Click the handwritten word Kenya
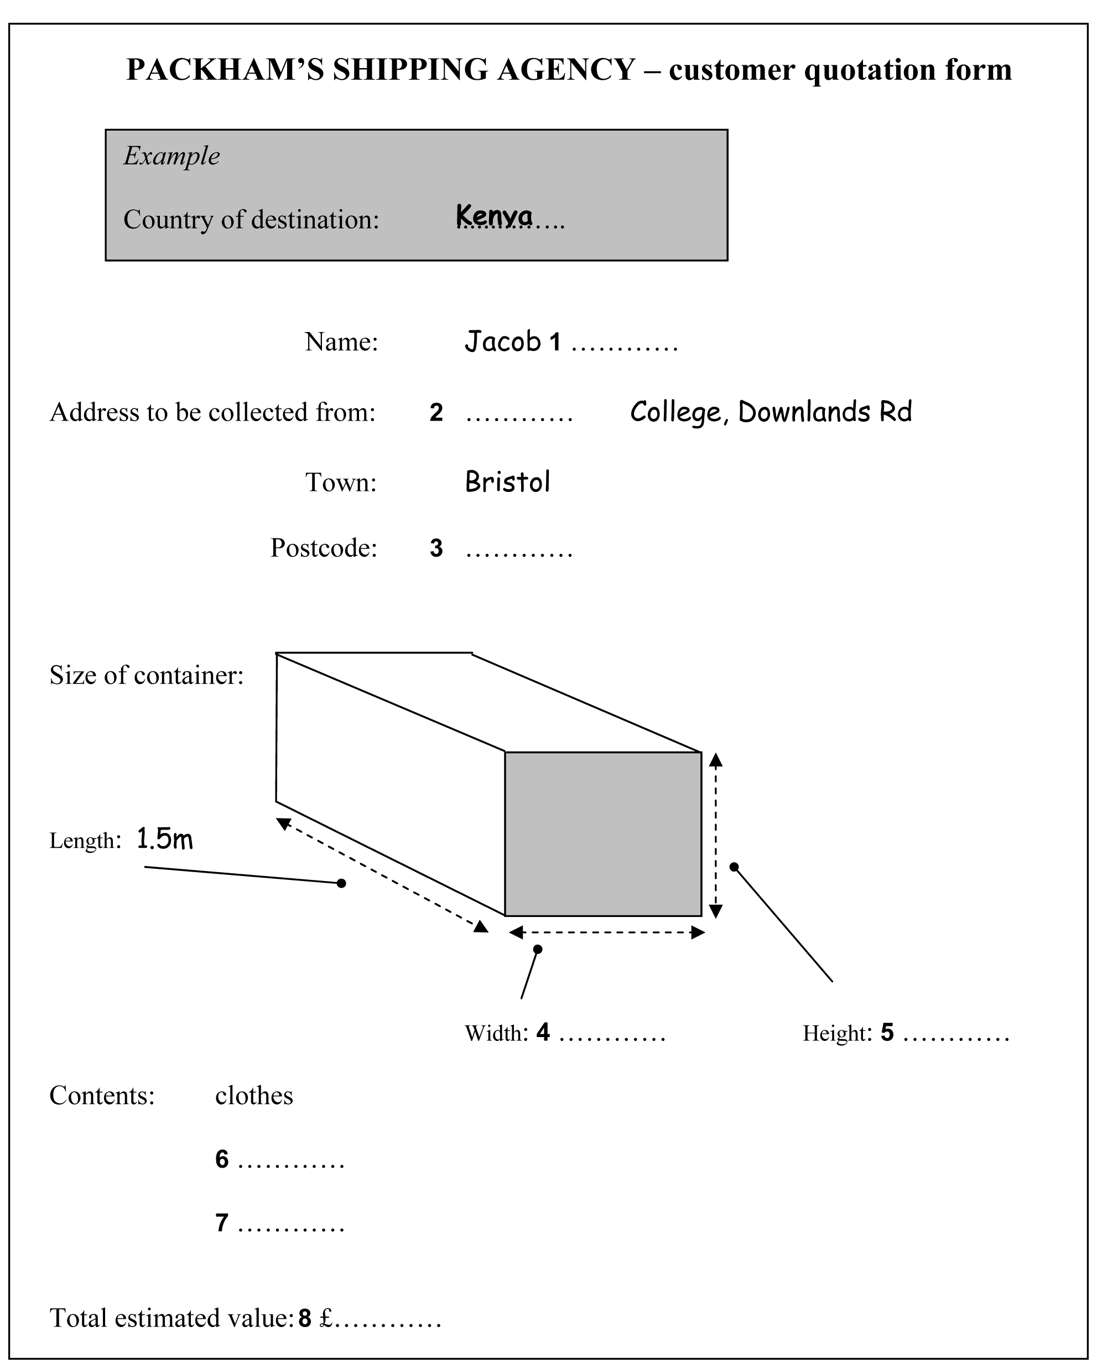(494, 216)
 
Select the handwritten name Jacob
(502, 342)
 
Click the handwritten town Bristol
(507, 482)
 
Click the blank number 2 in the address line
(435, 413)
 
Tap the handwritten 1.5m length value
(164, 840)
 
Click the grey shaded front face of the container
(602, 834)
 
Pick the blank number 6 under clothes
(222, 1160)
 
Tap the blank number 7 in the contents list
(222, 1222)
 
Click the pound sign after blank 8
(326, 1319)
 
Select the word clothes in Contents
(253, 1096)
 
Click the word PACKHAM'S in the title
(225, 70)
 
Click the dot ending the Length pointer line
(341, 883)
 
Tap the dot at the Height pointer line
(734, 867)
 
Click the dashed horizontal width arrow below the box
(607, 932)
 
